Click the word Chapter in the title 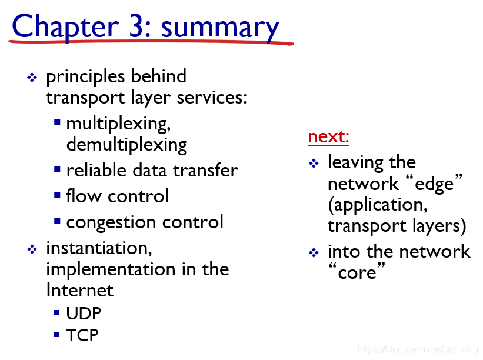point(65,27)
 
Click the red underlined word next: point(328,136)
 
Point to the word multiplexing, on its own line point(118,124)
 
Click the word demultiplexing point(126,145)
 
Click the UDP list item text point(84,314)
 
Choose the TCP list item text point(82,335)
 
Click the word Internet point(80,290)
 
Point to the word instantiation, point(99,248)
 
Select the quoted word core point(357,271)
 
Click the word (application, point(378,205)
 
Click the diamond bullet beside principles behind point(32,77)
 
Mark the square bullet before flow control point(57,195)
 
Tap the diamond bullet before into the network point(314,253)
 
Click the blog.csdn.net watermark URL point(418,349)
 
